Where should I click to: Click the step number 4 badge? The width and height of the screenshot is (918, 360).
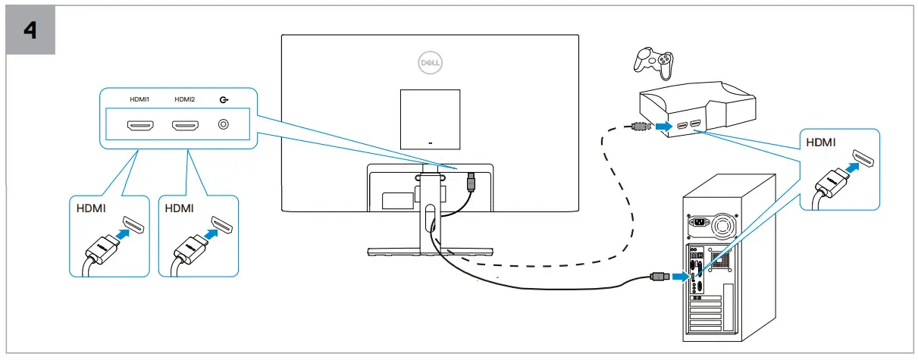click(31, 31)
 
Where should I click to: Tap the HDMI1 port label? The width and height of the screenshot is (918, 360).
click(139, 99)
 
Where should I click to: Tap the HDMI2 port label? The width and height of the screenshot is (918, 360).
click(184, 99)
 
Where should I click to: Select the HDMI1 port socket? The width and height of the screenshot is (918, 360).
click(140, 125)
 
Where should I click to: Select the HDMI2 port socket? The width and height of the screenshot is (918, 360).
click(185, 125)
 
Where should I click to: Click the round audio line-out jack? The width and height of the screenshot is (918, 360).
click(223, 124)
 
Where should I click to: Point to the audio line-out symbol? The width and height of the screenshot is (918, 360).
click(223, 99)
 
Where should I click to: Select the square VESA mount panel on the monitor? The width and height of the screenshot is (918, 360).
click(430, 117)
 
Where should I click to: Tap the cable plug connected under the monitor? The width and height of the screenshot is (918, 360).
click(472, 182)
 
